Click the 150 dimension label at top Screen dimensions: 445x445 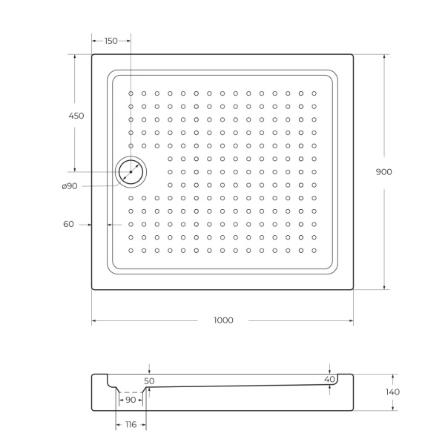point(111,41)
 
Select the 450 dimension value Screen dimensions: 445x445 point(76,116)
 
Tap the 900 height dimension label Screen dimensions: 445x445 point(383,171)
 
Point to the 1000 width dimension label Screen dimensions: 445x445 point(223,320)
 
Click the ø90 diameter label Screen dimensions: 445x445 point(70,185)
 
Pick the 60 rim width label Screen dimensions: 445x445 point(69,224)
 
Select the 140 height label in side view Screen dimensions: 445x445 point(392,392)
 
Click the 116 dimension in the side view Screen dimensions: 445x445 point(131,424)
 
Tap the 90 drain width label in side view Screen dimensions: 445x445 point(131,400)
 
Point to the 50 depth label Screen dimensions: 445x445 point(149,380)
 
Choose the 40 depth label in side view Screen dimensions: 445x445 point(329,379)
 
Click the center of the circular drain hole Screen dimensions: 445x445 point(131,171)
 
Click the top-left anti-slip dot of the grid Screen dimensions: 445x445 point(131,93)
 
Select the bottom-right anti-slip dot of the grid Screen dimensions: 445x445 point(314,250)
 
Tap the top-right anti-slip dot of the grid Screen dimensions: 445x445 point(314,93)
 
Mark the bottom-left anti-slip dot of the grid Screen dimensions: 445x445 point(131,250)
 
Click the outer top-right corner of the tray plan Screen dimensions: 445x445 point(353,54)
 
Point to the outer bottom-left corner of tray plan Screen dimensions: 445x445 point(92,289)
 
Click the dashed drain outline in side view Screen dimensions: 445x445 point(131,392)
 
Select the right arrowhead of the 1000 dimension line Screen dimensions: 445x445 point(351,320)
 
